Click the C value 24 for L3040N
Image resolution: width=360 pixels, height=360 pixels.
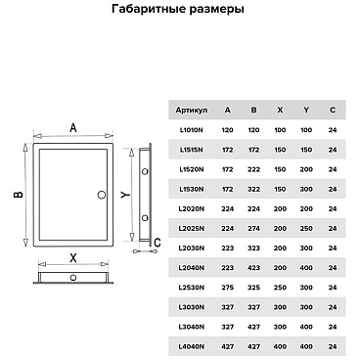[333, 327]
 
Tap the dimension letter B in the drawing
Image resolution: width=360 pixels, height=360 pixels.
[18, 194]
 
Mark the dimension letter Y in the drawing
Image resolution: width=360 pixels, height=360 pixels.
[127, 194]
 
